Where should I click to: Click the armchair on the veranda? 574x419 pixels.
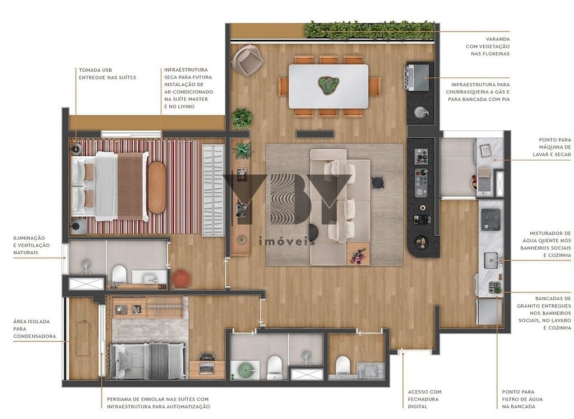(x=247, y=60)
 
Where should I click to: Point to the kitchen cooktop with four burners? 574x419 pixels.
(x=492, y=216)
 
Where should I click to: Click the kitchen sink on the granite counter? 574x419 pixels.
(x=492, y=259)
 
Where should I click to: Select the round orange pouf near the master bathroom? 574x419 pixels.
(x=181, y=278)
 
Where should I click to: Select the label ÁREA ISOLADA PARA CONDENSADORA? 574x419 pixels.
(x=31, y=329)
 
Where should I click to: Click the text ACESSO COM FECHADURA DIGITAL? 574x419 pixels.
(x=424, y=399)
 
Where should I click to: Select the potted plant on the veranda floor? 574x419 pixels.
(x=242, y=118)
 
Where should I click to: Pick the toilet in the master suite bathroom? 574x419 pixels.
(x=118, y=274)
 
